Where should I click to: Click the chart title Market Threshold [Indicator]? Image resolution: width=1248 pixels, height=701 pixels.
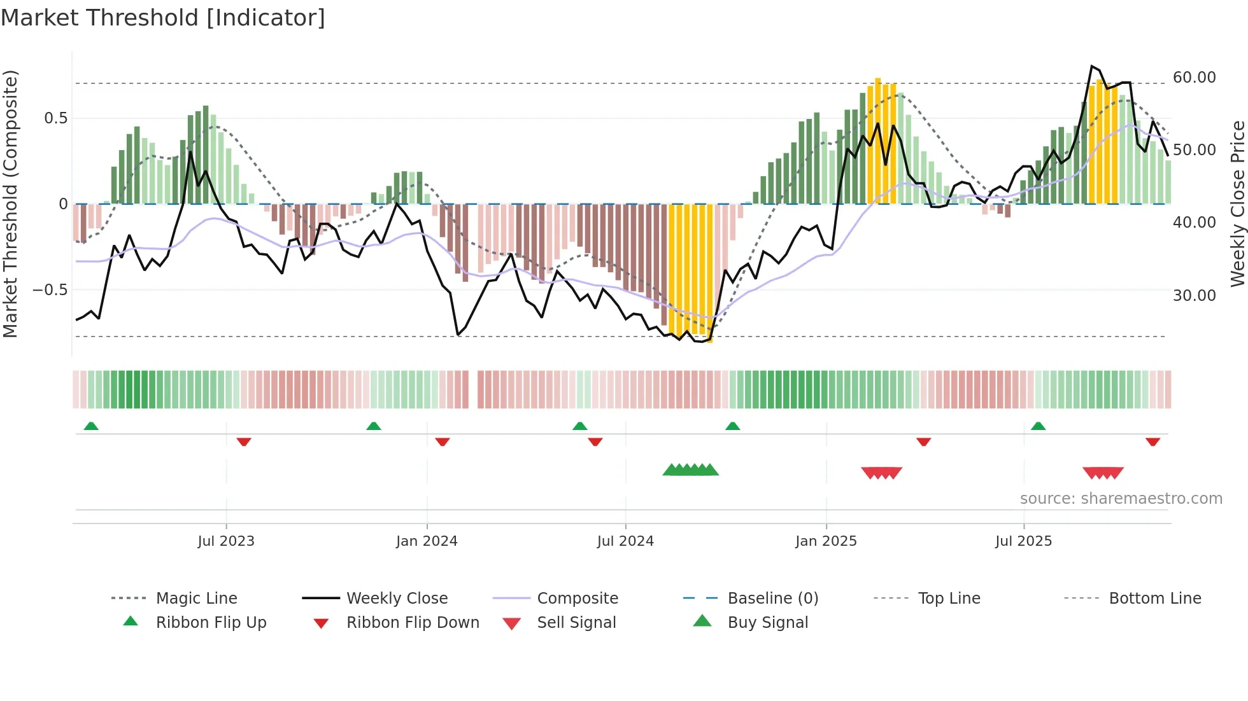click(163, 18)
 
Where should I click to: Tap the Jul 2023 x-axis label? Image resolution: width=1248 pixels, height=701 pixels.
click(225, 541)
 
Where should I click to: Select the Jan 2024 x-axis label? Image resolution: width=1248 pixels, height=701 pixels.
click(427, 541)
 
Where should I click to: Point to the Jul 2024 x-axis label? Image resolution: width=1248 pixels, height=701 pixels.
click(625, 541)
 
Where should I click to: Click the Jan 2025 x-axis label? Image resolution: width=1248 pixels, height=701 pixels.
click(826, 541)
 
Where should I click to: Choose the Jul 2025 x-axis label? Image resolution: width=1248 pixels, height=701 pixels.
click(1023, 541)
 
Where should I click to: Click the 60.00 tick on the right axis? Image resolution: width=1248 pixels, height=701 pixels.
click(1194, 78)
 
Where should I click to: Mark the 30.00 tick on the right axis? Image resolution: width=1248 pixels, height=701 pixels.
click(1194, 296)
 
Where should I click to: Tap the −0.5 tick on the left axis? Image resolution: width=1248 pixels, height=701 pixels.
click(50, 290)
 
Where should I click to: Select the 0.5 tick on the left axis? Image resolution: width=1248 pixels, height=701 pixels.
click(55, 118)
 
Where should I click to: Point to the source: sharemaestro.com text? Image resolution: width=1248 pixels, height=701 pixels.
click(1121, 499)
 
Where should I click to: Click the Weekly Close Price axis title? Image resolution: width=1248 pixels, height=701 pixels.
click(1237, 204)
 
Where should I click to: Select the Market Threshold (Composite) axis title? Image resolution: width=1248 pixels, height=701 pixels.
click(10, 204)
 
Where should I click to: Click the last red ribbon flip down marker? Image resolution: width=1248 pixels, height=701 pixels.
click(1152, 441)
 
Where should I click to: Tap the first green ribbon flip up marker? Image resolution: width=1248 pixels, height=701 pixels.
click(91, 426)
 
